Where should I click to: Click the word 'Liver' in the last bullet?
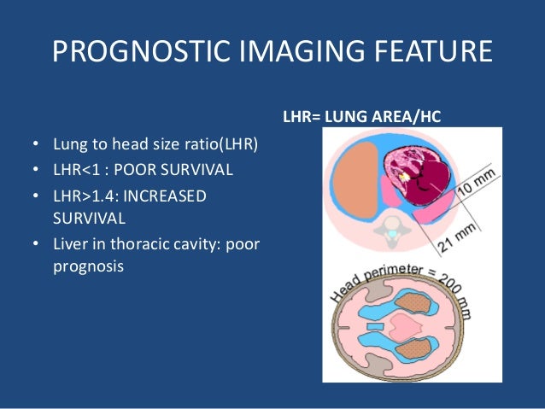coord(71,245)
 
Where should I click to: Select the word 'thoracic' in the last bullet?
coord(132,245)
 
